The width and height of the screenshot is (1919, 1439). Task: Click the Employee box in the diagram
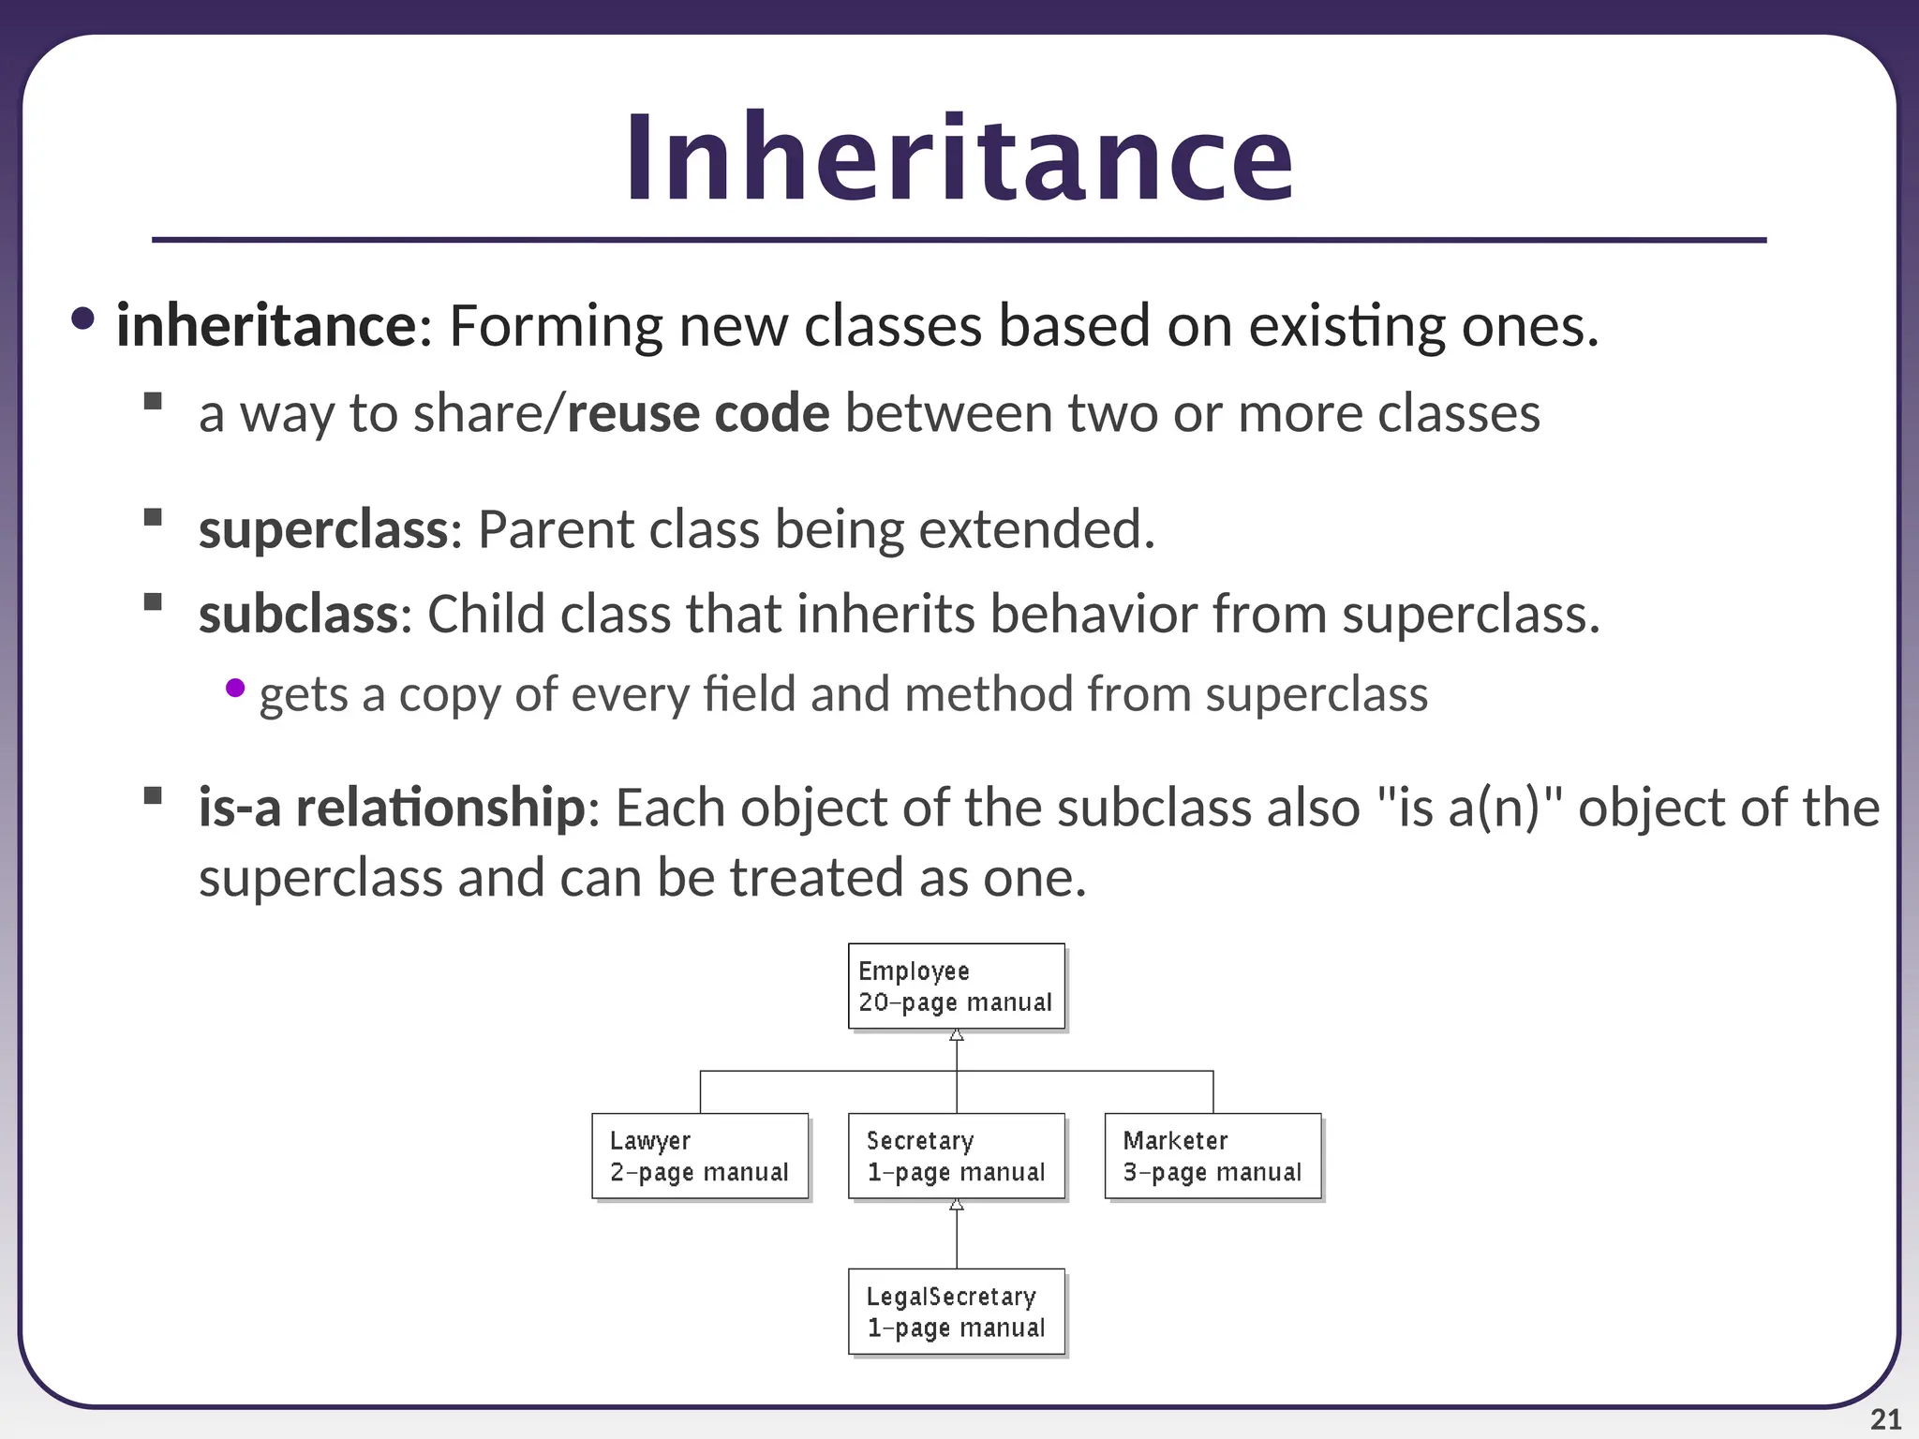point(956,986)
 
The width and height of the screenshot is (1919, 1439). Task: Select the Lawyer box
point(700,1155)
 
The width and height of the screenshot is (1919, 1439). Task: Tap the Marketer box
point(1212,1155)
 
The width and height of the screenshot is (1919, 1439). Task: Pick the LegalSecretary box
point(956,1311)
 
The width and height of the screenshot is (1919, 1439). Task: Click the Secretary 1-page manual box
point(956,1155)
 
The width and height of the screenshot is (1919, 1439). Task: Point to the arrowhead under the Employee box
point(957,1035)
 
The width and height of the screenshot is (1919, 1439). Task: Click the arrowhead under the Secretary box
point(957,1205)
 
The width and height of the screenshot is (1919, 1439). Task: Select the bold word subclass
point(299,615)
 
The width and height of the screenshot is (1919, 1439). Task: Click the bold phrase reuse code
point(698,413)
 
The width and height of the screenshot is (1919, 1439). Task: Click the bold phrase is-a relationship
point(392,808)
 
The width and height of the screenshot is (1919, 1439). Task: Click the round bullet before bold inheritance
point(82,319)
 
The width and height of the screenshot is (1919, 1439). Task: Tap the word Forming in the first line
point(556,326)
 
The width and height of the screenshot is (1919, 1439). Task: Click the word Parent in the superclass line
point(556,529)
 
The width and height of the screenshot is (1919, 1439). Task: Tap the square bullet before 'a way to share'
point(154,402)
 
